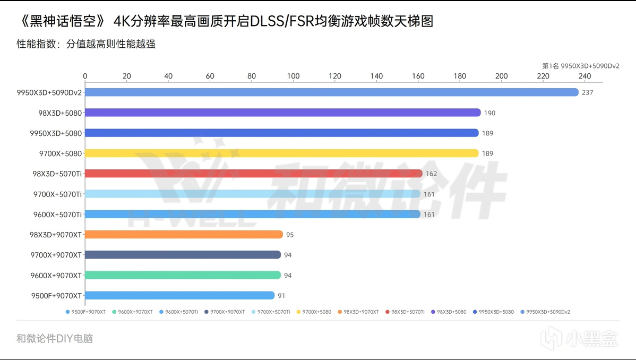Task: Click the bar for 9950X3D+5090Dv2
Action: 331,92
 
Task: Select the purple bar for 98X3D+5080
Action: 282,113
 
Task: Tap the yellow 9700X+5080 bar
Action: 281,153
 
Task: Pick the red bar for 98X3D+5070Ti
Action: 253,174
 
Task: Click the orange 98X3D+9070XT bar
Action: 184,235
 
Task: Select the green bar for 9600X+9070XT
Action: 183,275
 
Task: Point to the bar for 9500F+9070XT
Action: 179,295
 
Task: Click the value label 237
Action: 587,92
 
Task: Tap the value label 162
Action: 431,174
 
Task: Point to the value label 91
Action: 281,296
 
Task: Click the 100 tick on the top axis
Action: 293,76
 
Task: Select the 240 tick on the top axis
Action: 585,76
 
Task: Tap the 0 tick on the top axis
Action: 85,76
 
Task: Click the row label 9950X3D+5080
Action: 56,133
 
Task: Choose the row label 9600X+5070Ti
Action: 57,215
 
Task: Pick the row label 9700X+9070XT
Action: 56,255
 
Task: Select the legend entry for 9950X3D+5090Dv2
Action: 547,312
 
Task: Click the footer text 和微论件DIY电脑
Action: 55,338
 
